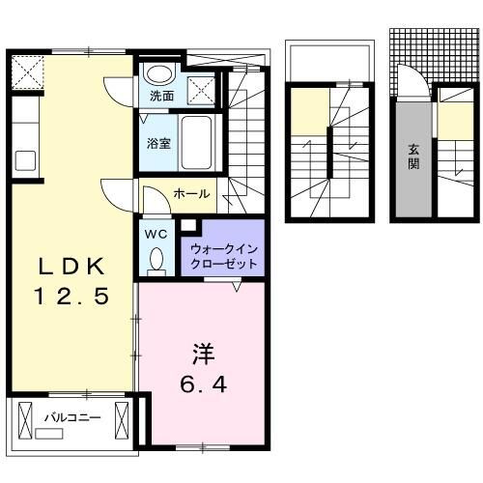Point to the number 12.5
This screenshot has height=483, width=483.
(70, 298)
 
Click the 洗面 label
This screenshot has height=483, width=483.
(161, 97)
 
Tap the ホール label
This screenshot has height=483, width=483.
(190, 194)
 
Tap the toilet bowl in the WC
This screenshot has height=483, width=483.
(156, 261)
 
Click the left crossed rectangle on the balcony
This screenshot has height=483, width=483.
(26, 420)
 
